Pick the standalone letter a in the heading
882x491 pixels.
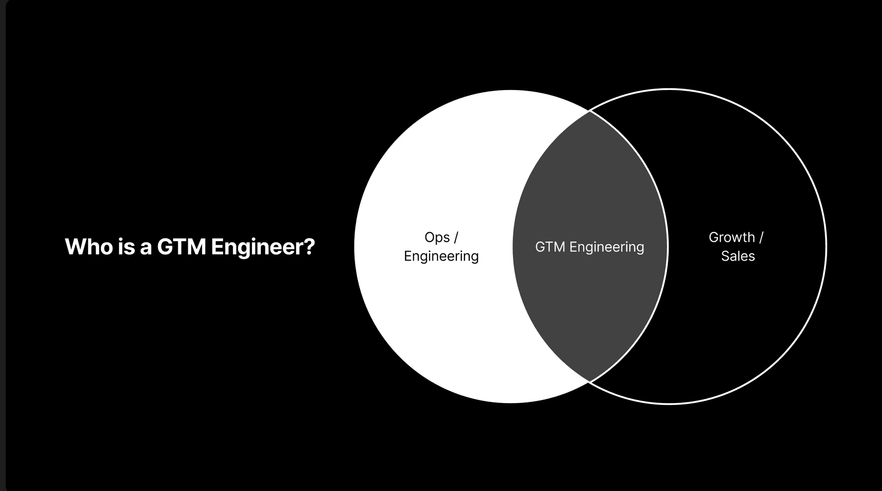tap(146, 249)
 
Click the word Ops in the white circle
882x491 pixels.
tap(437, 238)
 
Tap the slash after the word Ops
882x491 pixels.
tap(456, 237)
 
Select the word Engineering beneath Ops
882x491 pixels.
tap(441, 256)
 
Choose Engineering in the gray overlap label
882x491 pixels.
tap(606, 248)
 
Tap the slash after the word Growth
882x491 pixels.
tap(761, 237)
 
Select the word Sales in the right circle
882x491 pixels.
tap(738, 256)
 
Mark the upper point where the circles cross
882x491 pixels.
tap(590, 111)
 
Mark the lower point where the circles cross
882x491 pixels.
tap(590, 382)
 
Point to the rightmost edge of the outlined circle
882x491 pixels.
tap(826, 246)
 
